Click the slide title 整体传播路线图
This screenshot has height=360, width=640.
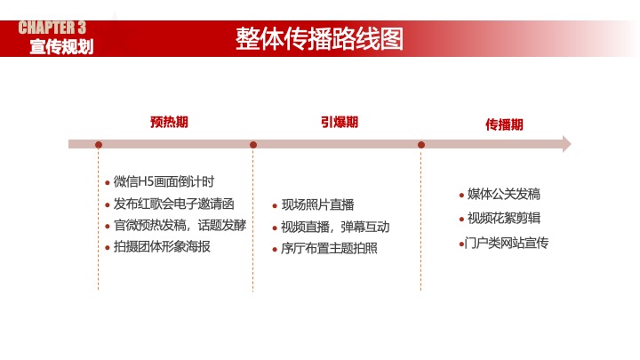(x=319, y=39)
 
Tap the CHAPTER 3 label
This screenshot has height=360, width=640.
(x=52, y=27)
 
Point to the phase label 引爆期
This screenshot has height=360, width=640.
(x=340, y=122)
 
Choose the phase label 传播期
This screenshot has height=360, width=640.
(x=504, y=125)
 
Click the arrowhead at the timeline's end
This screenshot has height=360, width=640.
(x=566, y=144)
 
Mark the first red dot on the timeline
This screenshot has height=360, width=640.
(x=99, y=144)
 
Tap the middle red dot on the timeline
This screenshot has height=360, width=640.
(x=253, y=144)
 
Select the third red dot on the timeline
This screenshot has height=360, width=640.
(x=421, y=144)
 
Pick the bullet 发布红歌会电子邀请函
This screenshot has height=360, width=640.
(x=173, y=204)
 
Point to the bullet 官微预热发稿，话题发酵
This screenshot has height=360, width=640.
(x=180, y=225)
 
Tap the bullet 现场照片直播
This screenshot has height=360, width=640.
(x=317, y=205)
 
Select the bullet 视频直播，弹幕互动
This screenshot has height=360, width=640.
(x=335, y=227)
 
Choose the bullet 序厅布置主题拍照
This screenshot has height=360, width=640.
(x=329, y=248)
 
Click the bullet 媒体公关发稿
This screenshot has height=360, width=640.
(x=503, y=195)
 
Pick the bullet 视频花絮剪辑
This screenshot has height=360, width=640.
(x=503, y=219)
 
